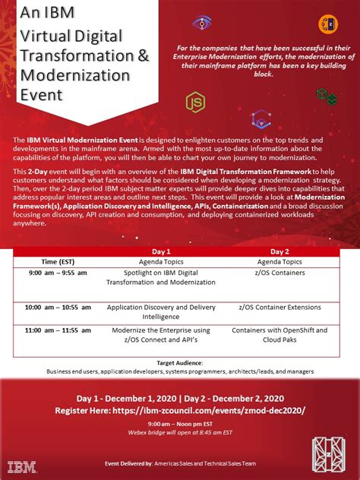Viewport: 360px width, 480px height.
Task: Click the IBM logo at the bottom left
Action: (x=22, y=466)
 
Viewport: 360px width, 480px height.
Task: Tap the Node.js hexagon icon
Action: (x=196, y=102)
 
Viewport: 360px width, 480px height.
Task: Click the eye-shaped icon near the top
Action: (x=203, y=23)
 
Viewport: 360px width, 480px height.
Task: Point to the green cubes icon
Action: (x=327, y=96)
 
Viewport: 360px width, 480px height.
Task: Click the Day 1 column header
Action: (x=161, y=251)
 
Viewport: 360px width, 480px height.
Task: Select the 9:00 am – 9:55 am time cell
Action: (x=58, y=272)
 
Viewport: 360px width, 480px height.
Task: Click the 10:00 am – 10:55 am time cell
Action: (x=58, y=308)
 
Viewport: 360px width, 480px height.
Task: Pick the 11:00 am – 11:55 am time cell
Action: (x=58, y=330)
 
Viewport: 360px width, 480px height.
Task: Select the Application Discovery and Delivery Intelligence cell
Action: (x=161, y=312)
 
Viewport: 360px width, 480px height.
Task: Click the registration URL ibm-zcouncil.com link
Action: (x=219, y=409)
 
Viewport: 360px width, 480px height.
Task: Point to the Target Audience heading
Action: (x=180, y=363)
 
